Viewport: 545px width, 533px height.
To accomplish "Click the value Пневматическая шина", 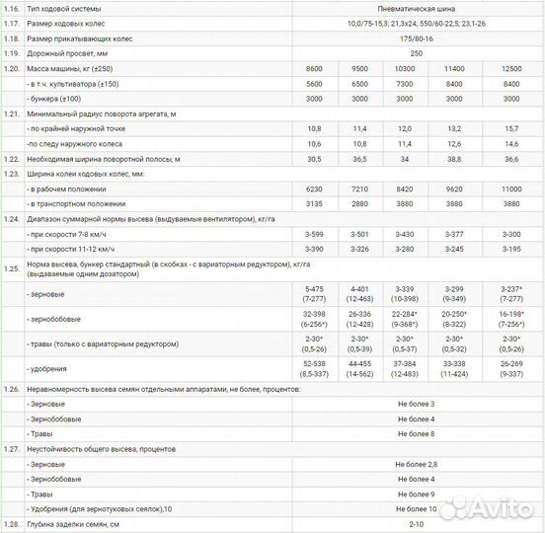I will coord(416,9).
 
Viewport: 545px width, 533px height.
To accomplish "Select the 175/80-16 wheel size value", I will coord(416,38).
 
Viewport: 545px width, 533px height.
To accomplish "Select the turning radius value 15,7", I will coord(510,129).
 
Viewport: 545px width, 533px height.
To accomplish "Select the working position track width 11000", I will coord(510,189).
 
